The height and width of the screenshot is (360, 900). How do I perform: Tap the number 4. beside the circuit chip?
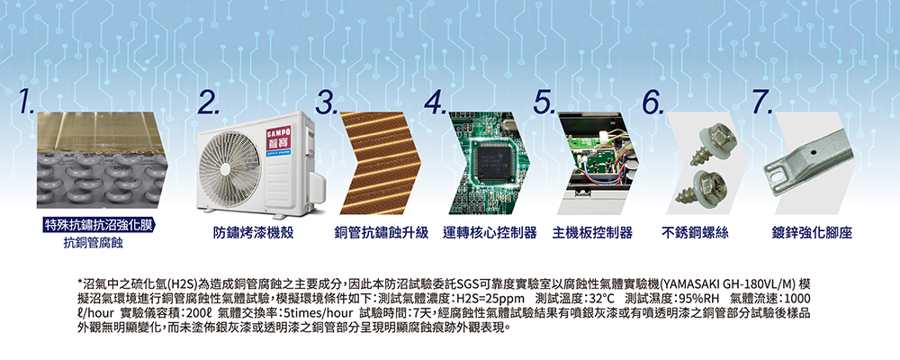coord(436,103)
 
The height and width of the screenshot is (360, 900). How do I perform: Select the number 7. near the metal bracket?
coord(762,103)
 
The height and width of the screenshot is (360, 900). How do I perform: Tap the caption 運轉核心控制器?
coord(490,233)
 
